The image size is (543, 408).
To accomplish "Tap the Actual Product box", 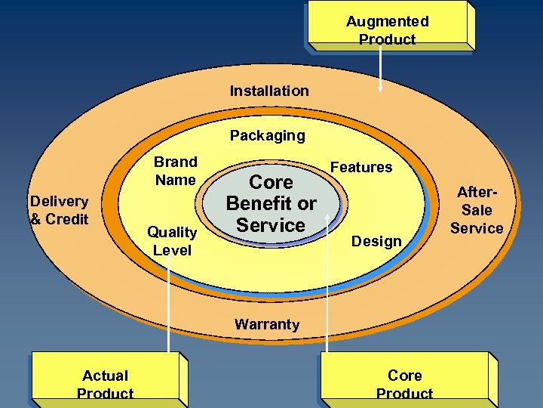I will (105, 380).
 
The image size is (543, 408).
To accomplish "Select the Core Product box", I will (405, 380).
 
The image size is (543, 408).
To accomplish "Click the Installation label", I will (269, 91).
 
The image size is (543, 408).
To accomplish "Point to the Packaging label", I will (268, 136).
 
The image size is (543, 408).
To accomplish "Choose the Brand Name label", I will (175, 171).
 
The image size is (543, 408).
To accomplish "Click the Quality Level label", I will (172, 241).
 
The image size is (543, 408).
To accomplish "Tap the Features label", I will (361, 167).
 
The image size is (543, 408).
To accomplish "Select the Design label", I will (377, 241).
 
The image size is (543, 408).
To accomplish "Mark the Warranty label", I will (267, 325).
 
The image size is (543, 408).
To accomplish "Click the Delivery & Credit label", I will (59, 210).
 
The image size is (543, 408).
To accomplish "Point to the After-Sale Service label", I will (477, 211).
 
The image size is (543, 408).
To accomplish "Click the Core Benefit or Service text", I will (271, 203).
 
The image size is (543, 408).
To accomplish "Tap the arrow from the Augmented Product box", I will (380, 72).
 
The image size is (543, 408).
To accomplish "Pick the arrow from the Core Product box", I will (327, 287).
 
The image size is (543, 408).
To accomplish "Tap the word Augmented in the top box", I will (387, 22).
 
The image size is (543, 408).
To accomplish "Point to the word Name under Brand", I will (175, 180).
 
